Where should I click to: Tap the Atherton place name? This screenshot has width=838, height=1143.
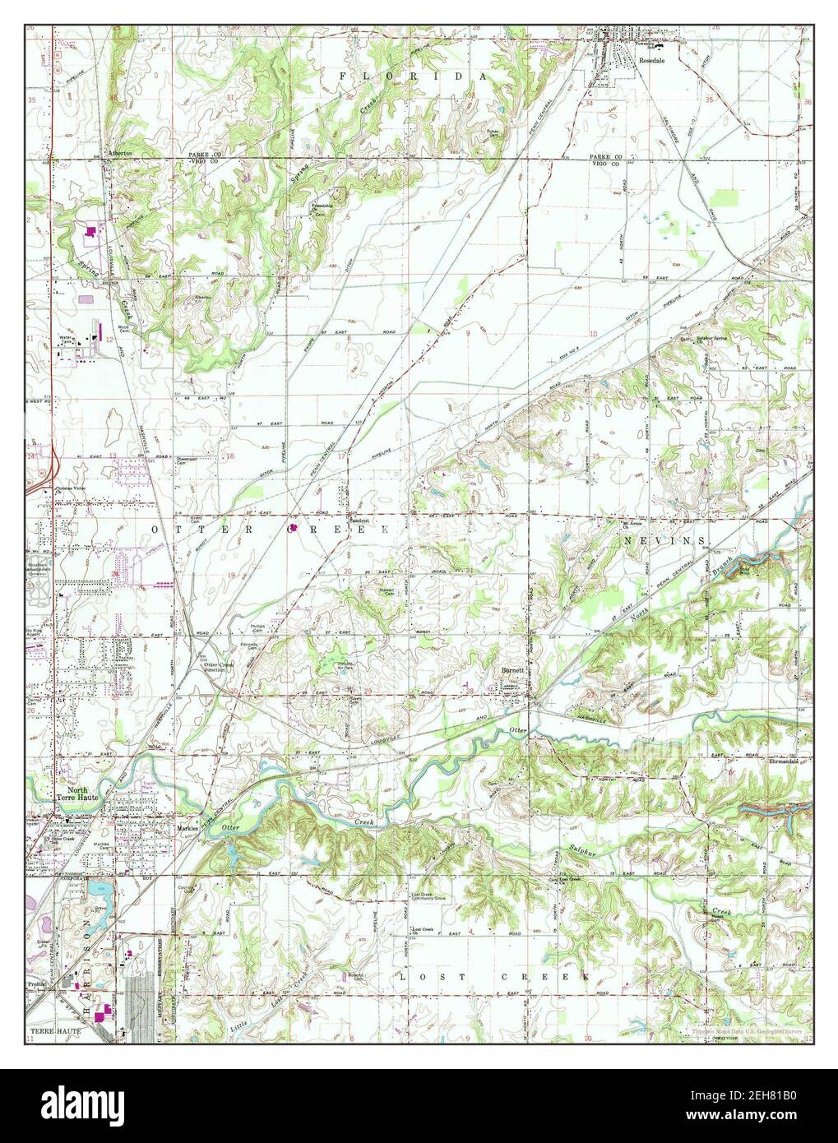(120, 153)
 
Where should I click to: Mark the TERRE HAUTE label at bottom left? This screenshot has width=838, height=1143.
(53, 1030)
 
